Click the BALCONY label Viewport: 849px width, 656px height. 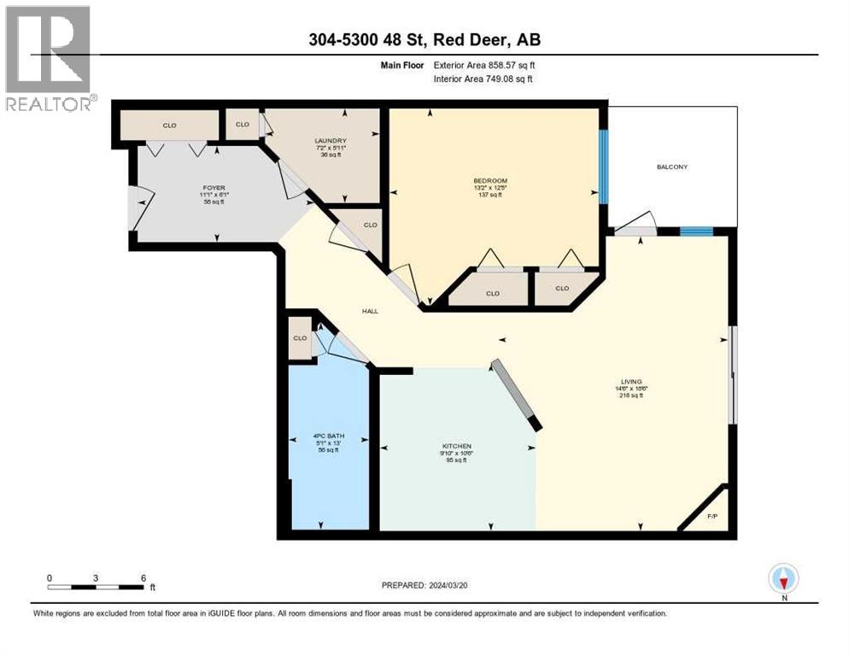pos(672,167)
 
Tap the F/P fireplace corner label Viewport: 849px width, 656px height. pos(712,516)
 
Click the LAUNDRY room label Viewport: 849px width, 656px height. pos(330,141)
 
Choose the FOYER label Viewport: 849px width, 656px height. pos(214,187)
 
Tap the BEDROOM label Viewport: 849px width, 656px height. pos(490,180)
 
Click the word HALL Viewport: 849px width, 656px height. pos(370,311)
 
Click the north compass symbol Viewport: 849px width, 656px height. pos(783,578)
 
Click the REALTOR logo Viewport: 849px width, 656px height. pos(48,58)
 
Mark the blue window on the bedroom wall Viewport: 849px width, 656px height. pos(603,167)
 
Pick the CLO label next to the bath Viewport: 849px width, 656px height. pos(300,337)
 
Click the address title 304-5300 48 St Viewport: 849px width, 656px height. pos(424,39)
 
